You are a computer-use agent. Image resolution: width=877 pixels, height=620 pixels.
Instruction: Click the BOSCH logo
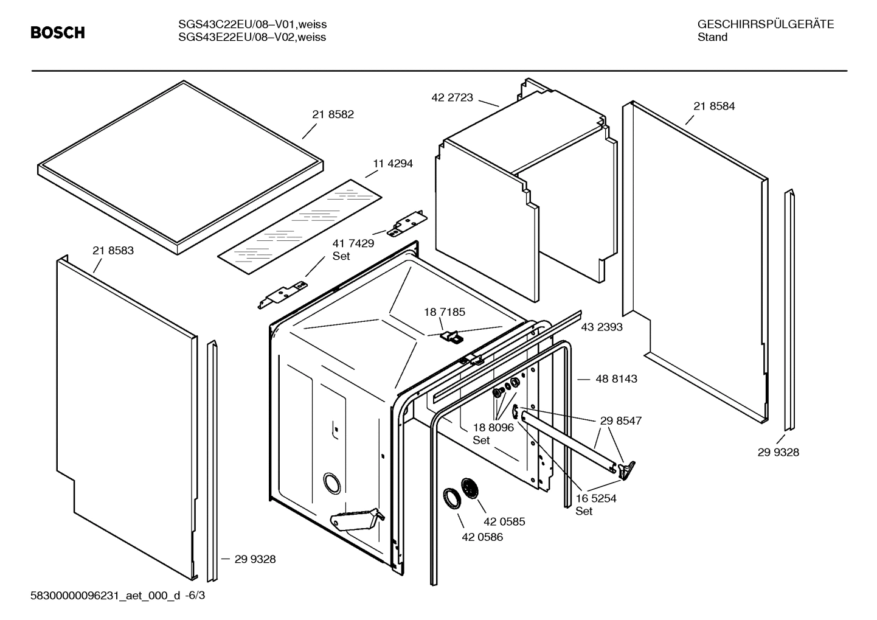tap(58, 33)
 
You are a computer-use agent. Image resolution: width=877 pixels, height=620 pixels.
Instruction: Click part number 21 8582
tap(333, 114)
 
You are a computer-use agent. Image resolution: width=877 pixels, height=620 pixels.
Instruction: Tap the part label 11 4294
tap(392, 164)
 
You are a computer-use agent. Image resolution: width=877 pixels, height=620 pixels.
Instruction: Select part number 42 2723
tap(452, 97)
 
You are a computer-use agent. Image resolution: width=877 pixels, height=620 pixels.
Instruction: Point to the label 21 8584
tap(714, 106)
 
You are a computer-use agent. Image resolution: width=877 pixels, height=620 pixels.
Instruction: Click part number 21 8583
tap(113, 250)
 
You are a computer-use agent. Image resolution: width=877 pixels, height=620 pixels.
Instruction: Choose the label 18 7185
tap(445, 312)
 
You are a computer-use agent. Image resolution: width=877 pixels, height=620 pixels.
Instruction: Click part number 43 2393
tap(601, 327)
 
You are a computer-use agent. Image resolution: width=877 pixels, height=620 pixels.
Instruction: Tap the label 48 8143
tap(616, 378)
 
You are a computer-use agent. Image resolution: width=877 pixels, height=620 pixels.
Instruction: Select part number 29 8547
tap(620, 420)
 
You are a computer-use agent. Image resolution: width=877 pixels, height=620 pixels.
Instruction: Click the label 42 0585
tap(504, 521)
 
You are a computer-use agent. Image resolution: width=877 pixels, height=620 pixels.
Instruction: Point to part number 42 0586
tap(482, 537)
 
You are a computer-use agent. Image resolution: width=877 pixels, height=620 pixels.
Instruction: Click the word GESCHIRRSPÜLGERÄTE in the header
tap(765, 24)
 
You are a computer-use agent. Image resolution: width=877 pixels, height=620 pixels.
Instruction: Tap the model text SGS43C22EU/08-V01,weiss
tap(252, 24)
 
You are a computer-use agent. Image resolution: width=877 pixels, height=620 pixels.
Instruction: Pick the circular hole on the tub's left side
tap(332, 482)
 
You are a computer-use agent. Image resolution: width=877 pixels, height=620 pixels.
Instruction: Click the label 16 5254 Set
tap(595, 504)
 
